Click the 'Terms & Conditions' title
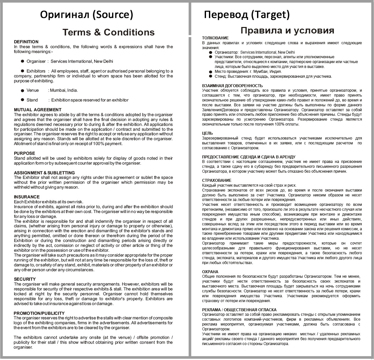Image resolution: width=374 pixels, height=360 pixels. pos(108,32)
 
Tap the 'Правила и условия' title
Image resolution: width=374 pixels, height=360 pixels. pos(287,30)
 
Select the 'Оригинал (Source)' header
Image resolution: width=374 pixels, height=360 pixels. pos(86,15)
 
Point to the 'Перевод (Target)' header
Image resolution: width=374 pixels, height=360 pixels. pos(247,15)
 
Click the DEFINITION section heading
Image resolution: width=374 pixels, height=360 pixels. pos(26,42)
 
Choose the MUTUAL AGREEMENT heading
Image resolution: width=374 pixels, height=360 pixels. pos(37,110)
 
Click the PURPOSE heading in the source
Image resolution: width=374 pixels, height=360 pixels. pos(24,153)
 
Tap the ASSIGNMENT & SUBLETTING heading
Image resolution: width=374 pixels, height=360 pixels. pos(44,173)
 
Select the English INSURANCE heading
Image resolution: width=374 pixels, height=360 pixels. pos(27,197)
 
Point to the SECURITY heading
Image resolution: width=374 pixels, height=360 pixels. pos(25,279)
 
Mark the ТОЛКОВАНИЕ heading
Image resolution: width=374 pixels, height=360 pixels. pos(215,38)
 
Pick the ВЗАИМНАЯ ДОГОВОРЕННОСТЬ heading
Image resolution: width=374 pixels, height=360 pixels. pos(232,86)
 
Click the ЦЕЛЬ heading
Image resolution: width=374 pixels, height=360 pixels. pos(207,133)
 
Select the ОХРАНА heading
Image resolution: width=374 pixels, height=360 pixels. pos(210,272)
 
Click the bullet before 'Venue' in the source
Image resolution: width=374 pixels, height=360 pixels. pos(22,91)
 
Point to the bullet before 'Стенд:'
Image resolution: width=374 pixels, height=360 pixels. pos(211,76)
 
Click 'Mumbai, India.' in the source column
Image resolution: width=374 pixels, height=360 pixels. pos(63,90)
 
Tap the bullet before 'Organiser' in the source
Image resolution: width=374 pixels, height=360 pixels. pos(22,61)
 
